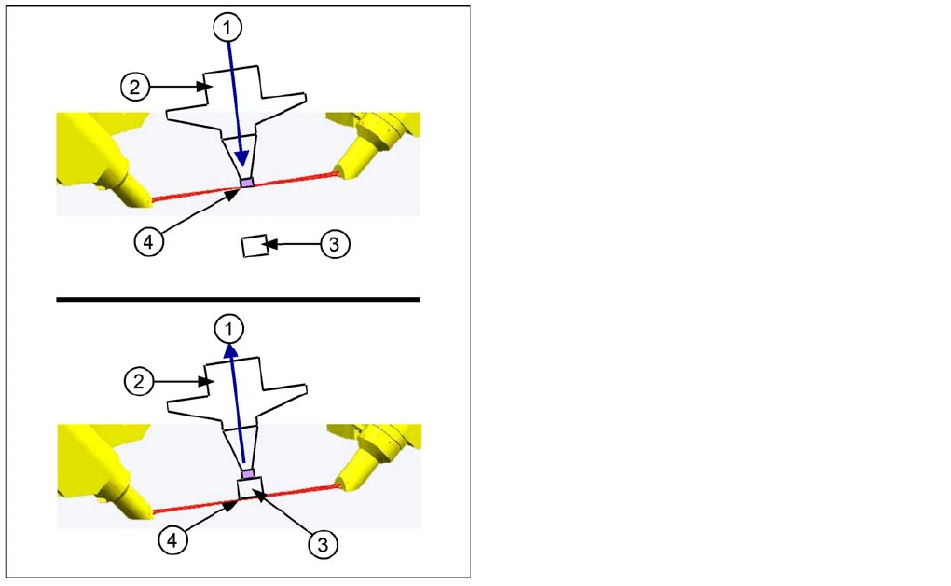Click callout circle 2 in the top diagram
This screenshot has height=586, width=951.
click(134, 88)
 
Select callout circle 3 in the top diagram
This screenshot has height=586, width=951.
click(335, 245)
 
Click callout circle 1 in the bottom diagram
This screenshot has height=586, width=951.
click(227, 328)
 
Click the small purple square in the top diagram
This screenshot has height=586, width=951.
click(246, 183)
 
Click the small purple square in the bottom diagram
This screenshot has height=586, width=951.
click(248, 474)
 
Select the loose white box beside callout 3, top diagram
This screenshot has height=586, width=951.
click(253, 247)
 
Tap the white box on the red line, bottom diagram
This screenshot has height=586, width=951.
click(251, 487)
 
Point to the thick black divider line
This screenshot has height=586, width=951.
click(238, 300)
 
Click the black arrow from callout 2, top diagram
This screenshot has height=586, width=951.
click(177, 87)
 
